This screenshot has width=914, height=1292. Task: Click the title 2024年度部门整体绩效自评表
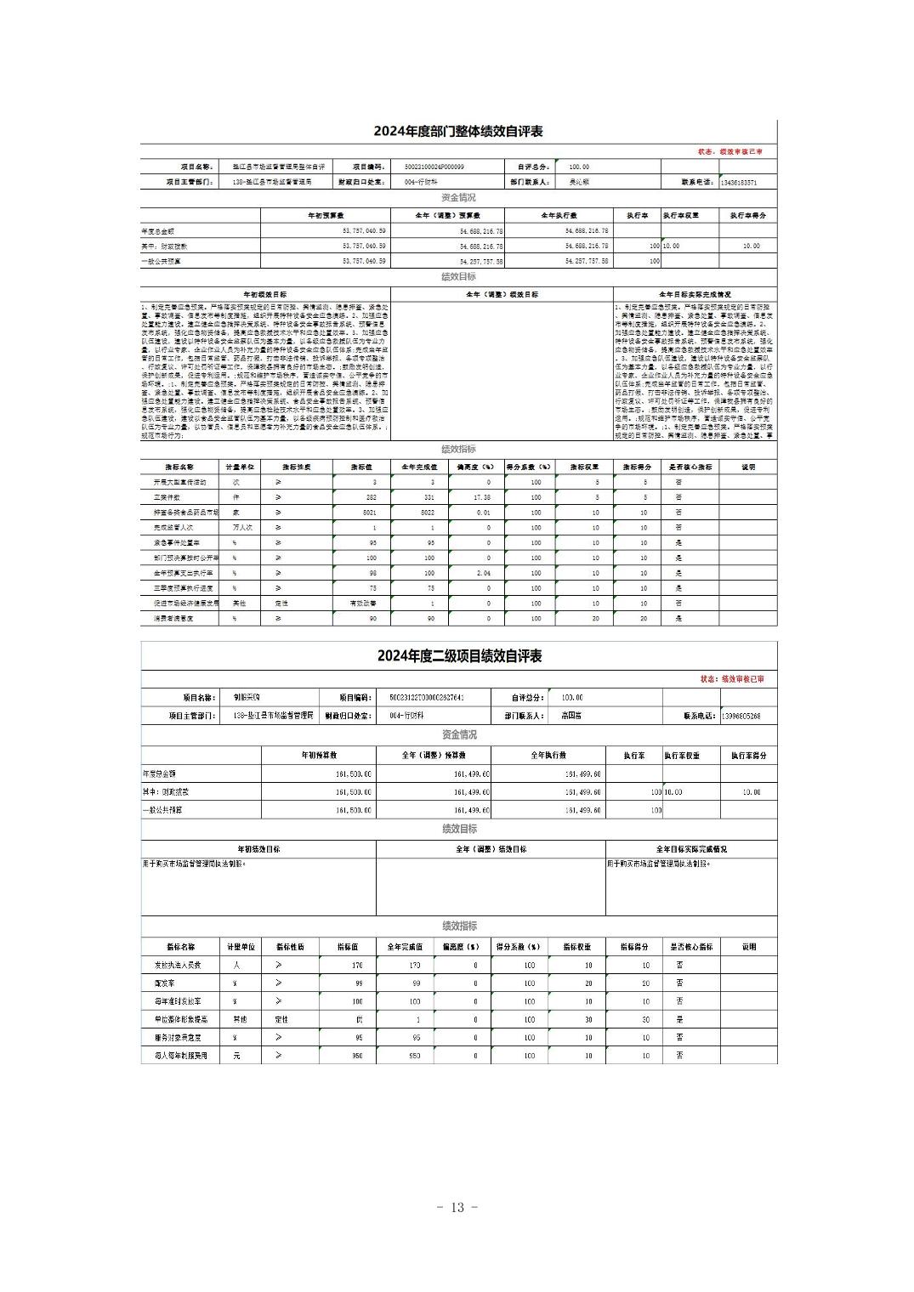(458, 132)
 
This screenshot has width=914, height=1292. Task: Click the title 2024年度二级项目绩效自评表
(459, 656)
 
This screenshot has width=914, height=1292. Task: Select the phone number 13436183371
(738, 182)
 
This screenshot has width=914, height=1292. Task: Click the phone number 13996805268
(740, 717)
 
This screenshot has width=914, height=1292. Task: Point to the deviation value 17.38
(483, 497)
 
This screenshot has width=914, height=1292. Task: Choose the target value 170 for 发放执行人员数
(356, 966)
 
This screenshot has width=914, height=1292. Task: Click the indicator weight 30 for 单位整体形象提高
(588, 1019)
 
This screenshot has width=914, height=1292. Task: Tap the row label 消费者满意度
(173, 619)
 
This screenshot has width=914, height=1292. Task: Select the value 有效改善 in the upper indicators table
(363, 603)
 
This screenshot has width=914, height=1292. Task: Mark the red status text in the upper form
(729, 151)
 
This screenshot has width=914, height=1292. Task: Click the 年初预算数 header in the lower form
(319, 755)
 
